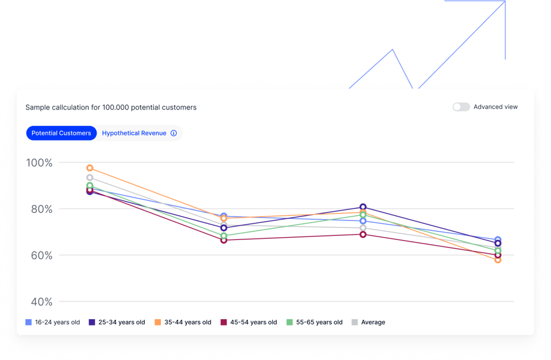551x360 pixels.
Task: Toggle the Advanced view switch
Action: [461, 107]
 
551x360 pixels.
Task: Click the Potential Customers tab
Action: [61, 133]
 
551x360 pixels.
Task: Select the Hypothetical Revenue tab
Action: [134, 133]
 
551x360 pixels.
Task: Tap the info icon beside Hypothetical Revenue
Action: [174, 133]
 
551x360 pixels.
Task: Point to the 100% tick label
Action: [40, 163]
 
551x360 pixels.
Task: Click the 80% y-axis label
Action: [41, 209]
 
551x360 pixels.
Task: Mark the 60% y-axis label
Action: [41, 256]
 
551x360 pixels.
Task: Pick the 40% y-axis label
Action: [41, 302]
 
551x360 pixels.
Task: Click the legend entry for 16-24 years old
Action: [53, 322]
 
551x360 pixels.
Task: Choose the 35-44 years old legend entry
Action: [183, 322]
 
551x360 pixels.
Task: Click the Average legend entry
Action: [368, 322]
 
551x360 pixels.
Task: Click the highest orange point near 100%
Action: [90, 168]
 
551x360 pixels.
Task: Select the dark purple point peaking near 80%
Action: [363, 207]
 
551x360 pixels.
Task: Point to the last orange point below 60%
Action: [498, 260]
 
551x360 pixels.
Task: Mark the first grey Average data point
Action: [90, 178]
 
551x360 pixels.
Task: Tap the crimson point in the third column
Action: [363, 234]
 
